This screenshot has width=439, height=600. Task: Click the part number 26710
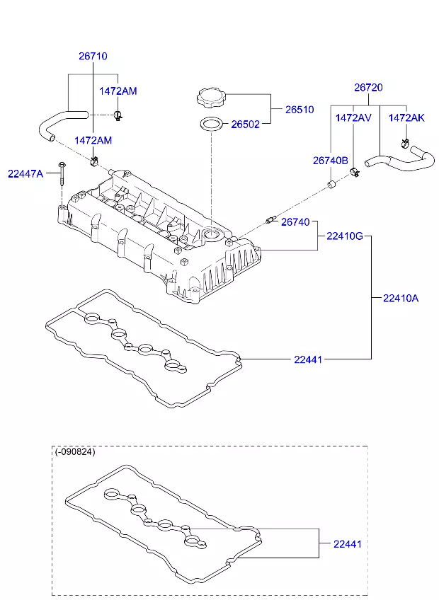93,56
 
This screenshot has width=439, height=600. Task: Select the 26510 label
300,110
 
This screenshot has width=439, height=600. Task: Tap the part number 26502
246,125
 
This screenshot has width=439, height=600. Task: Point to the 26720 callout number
368,88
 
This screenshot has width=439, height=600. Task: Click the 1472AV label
353,117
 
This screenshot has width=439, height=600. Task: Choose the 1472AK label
406,117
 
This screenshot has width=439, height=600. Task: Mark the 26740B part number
331,161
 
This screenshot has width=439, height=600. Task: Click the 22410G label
345,236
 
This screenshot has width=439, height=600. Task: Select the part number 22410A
401,298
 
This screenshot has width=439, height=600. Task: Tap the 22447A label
25,173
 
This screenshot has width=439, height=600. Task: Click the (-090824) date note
75,451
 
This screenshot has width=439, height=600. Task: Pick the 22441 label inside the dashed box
348,544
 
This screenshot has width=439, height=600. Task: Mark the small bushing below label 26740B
330,185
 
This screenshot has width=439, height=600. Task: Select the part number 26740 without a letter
295,222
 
